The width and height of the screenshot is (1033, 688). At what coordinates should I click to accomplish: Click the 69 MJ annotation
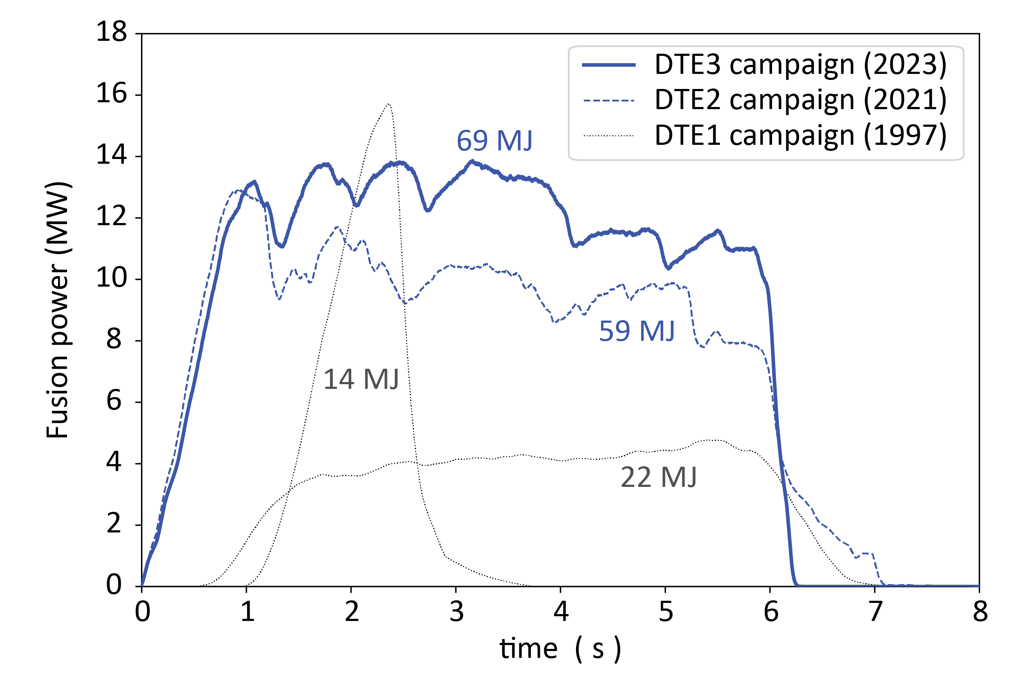494,141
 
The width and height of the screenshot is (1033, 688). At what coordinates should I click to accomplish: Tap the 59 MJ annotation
636,331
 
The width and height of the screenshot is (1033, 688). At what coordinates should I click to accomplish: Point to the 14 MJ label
361,379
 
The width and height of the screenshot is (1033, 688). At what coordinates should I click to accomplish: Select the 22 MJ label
658,477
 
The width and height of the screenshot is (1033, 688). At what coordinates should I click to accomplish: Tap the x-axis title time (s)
560,648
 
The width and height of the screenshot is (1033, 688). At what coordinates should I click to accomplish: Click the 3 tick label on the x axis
457,612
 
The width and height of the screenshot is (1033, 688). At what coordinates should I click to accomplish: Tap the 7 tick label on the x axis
875,612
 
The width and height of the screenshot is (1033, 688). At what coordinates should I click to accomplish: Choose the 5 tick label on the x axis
666,612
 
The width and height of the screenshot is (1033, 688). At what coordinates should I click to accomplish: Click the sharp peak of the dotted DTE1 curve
389,104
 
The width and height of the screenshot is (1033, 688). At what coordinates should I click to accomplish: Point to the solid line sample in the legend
609,65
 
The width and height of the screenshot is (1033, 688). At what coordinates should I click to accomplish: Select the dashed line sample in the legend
609,101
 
